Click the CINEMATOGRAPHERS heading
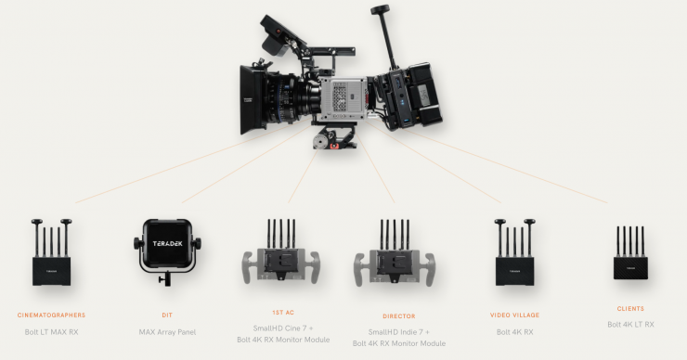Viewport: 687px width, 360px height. pos(51,315)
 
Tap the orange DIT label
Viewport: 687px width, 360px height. pos(167,315)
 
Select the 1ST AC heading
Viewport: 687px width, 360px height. pos(283,313)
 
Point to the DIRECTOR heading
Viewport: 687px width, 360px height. pos(398,316)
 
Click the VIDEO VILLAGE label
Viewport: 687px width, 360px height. pos(515,315)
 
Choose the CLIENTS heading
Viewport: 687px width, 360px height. pos(630,309)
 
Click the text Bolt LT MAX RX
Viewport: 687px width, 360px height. pos(51,332)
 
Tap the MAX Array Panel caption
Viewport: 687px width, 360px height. pos(167,332)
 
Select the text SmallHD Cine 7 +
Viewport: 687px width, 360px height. pos(283,328)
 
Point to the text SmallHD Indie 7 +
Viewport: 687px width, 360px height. pos(398,332)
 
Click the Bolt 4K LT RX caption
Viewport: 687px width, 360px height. pos(630,325)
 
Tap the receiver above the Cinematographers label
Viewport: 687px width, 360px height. pos(51,252)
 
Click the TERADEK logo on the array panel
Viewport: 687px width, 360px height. pos(167,243)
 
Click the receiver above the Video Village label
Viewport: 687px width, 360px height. pos(515,252)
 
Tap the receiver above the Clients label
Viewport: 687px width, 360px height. pos(630,253)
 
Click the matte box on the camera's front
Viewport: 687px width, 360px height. pos(253,100)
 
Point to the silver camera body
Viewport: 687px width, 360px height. pos(343,99)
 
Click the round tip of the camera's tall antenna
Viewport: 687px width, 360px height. pos(380,9)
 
